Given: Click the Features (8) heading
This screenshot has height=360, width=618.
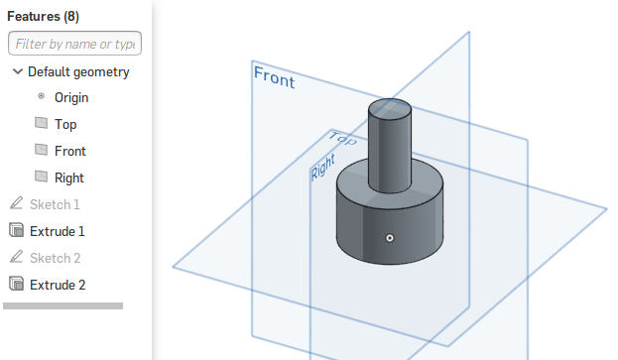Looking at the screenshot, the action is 43,16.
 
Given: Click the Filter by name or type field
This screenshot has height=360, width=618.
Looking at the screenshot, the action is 74,44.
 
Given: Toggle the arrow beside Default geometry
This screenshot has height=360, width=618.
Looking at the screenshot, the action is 17,71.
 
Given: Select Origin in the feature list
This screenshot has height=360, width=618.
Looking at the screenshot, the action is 71,97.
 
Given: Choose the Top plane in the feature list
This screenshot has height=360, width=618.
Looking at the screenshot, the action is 65,125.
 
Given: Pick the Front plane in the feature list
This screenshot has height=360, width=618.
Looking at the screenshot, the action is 70,152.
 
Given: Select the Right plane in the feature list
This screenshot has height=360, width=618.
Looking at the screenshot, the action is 69,179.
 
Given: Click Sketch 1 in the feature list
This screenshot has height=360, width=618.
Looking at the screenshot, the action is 55,204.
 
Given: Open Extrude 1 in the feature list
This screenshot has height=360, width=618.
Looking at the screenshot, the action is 58,231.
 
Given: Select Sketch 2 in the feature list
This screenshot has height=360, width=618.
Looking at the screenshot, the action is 56,258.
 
